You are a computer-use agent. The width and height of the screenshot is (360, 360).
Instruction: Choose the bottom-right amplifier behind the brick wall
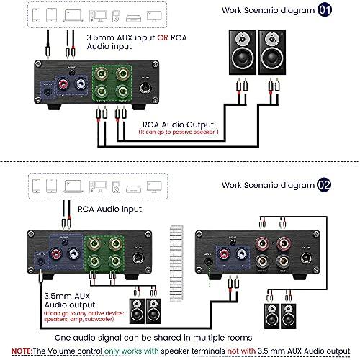[x=256, y=257]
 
